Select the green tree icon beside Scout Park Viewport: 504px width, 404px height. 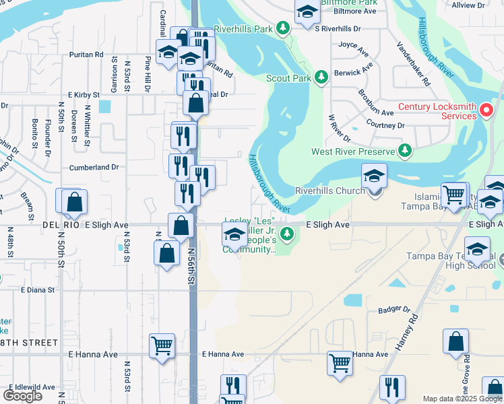[x=321, y=77]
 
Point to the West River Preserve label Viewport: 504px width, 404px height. [x=353, y=151]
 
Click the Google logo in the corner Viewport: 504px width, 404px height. [x=22, y=395]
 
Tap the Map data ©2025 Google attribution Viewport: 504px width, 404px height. [x=462, y=399]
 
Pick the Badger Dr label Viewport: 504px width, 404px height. [x=394, y=310]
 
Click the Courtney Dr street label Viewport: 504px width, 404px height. [x=386, y=125]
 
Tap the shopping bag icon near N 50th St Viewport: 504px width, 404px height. [x=74, y=201]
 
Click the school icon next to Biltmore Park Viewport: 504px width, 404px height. [x=307, y=13]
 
